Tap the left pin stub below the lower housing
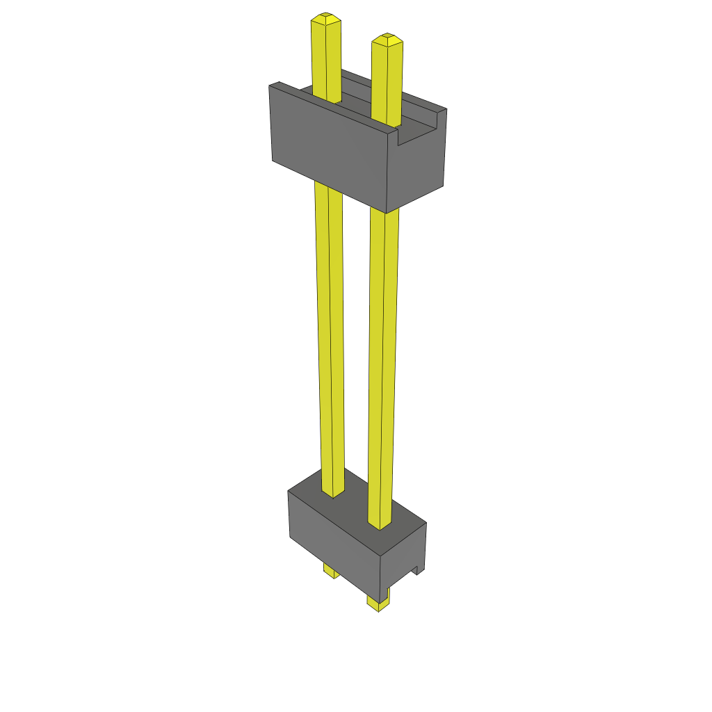(x=331, y=572)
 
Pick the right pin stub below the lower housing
(x=378, y=602)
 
